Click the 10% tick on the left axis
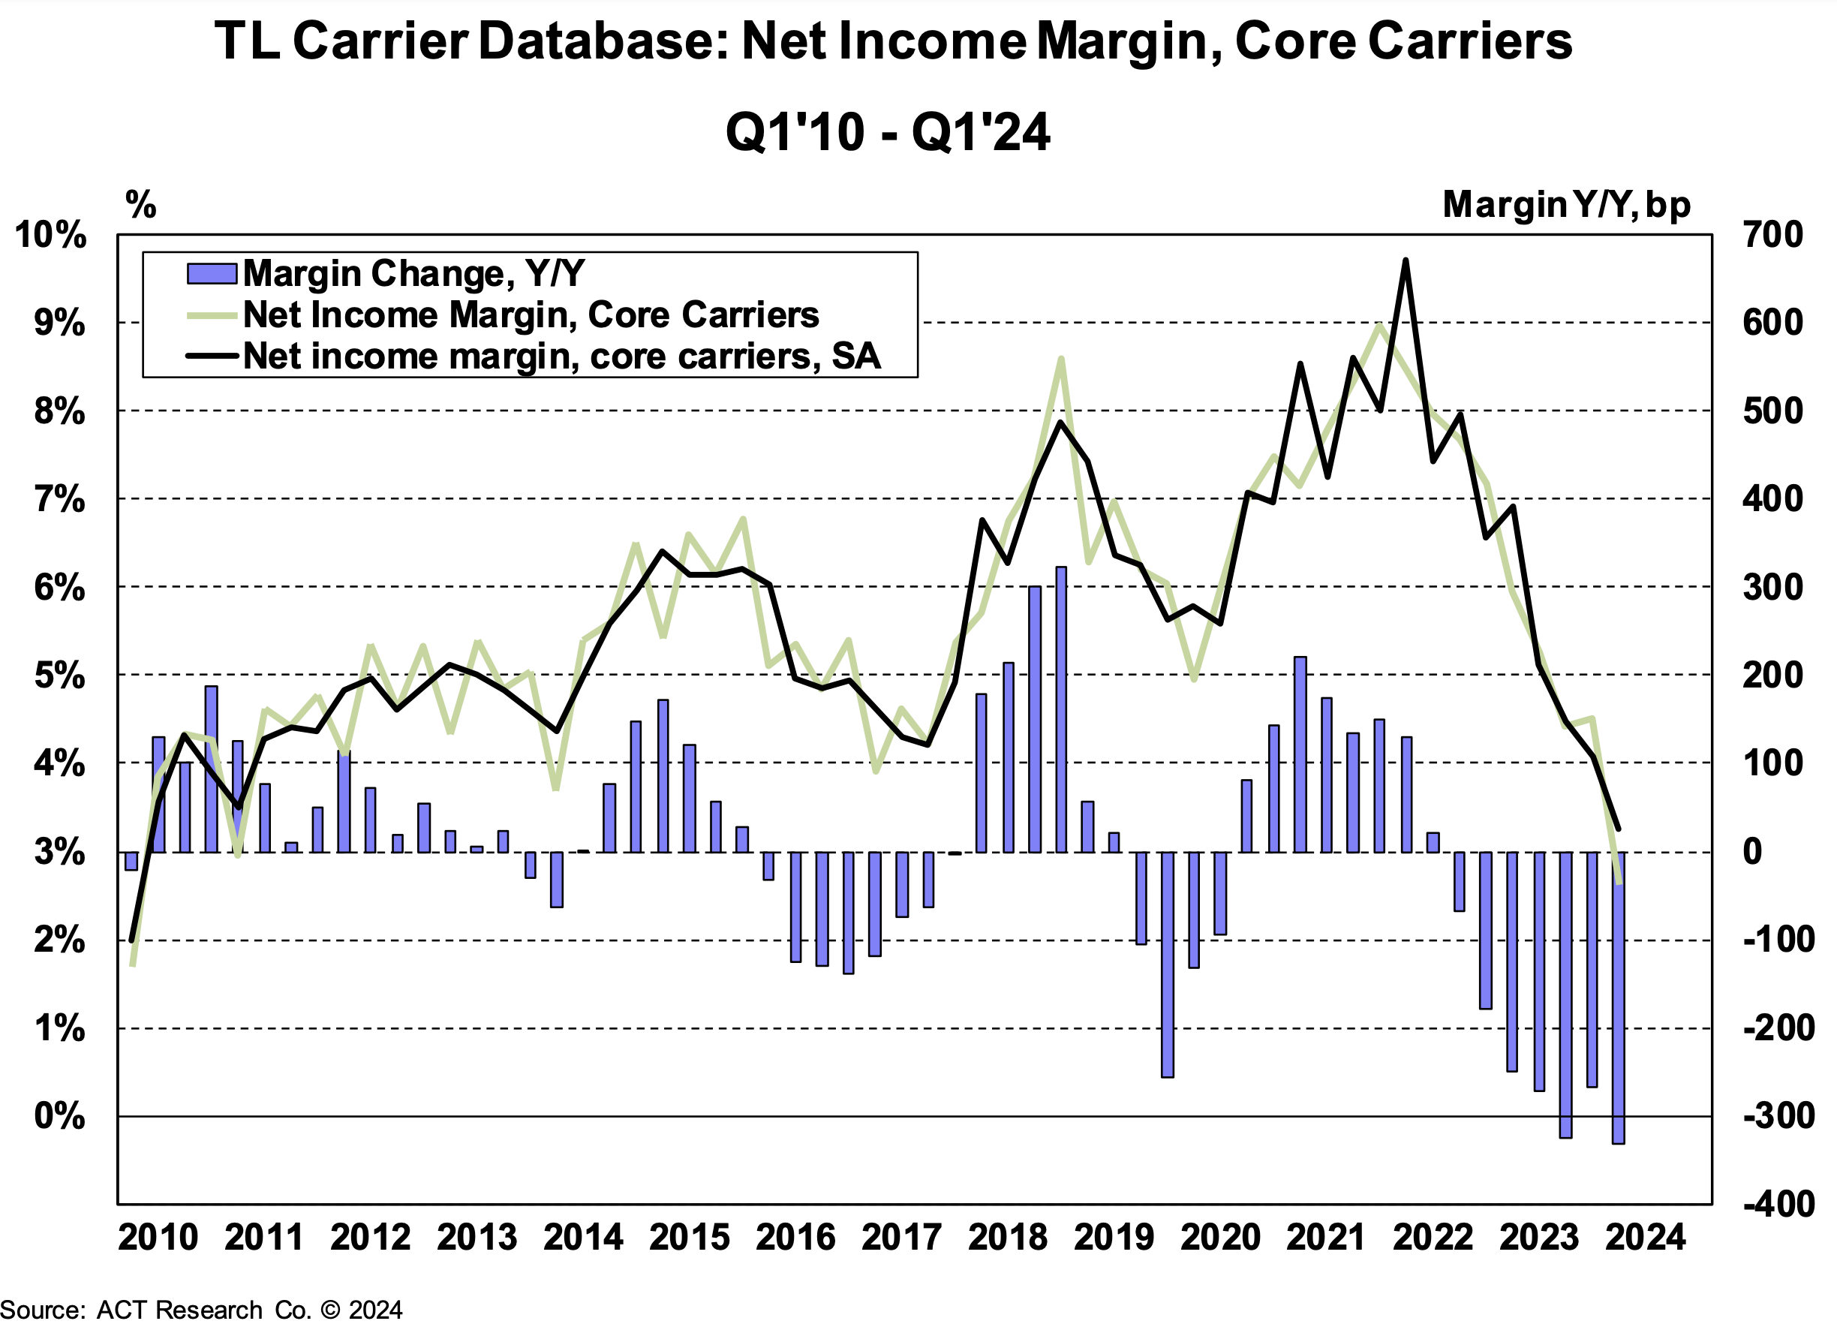50,235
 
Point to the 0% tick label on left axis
59,1116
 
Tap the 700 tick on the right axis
1773,235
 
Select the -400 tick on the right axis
1778,1205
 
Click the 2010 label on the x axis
158,1238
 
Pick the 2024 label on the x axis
1645,1238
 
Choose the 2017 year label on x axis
901,1238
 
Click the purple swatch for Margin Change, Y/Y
212,274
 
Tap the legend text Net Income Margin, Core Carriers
531,315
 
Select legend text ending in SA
561,357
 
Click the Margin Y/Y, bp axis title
1566,205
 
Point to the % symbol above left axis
141,204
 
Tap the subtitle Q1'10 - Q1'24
888,132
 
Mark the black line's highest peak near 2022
1406,260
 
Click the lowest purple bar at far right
1619,996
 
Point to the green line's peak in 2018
1060,359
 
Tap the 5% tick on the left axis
59,676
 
